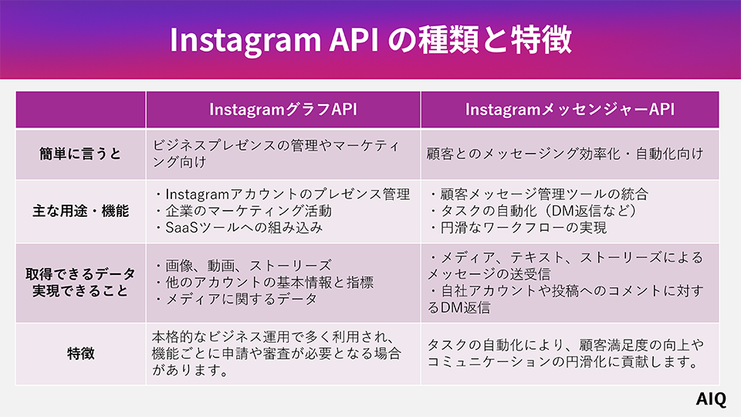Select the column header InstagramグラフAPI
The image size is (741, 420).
click(x=283, y=110)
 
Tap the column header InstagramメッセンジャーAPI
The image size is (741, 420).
click(x=570, y=110)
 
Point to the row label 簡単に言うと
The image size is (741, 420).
click(x=81, y=154)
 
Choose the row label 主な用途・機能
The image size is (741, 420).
click(x=81, y=211)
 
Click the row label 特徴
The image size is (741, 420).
click(x=81, y=354)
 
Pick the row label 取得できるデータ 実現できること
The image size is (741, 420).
click(x=81, y=283)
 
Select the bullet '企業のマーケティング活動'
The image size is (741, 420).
click(x=243, y=211)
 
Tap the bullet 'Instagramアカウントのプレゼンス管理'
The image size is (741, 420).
click(x=281, y=194)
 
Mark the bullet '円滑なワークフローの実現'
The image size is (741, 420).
click(x=517, y=228)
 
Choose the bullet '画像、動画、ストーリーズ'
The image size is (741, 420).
click(x=243, y=265)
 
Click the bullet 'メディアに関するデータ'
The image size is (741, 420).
click(x=235, y=299)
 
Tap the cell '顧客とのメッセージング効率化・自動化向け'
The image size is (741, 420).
click(x=565, y=154)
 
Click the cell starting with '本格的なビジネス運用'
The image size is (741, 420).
click(x=278, y=354)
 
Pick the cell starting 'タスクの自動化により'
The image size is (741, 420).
click(x=565, y=354)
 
